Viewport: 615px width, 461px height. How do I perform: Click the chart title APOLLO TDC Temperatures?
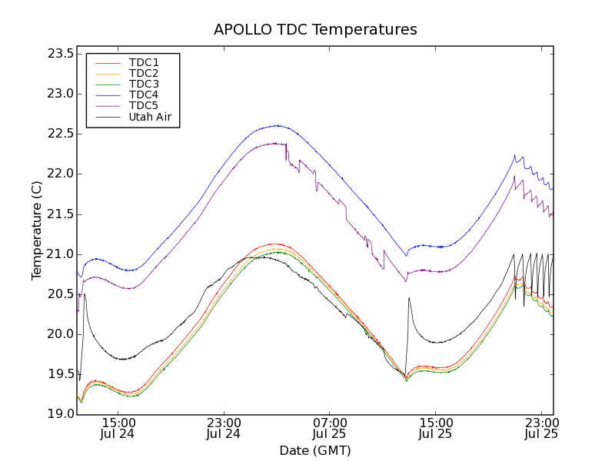(x=315, y=30)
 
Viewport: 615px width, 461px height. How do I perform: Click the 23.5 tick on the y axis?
(x=59, y=54)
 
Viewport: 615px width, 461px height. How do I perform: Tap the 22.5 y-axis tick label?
(x=59, y=134)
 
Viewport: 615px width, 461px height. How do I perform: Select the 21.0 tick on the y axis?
(x=59, y=254)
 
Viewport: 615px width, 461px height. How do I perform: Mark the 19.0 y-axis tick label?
(x=59, y=414)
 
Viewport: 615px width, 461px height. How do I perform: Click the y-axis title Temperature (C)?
(x=37, y=230)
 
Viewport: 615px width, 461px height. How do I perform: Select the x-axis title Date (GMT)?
(x=315, y=450)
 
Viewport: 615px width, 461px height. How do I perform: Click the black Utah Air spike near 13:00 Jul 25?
(x=409, y=297)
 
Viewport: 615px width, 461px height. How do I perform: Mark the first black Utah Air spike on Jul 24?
(x=85, y=294)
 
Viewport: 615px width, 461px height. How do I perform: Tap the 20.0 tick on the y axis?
(x=59, y=334)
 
